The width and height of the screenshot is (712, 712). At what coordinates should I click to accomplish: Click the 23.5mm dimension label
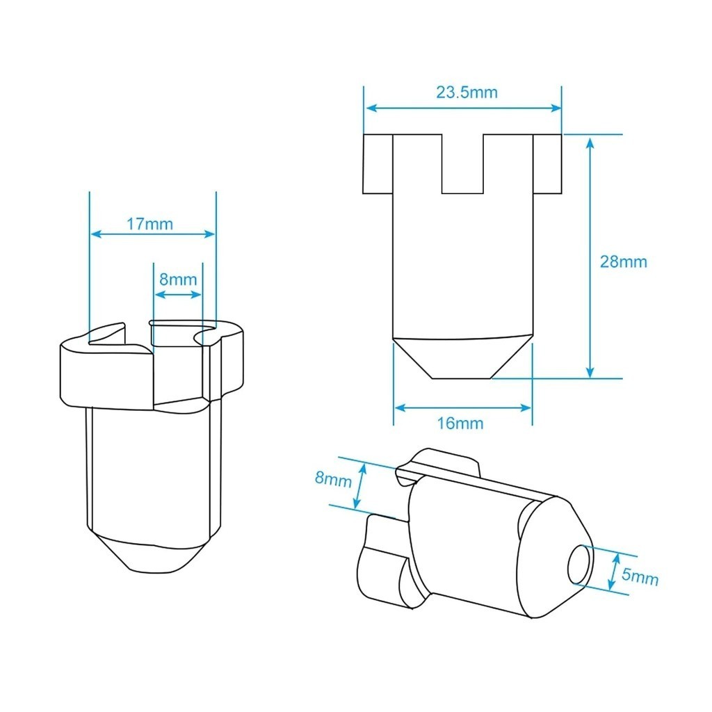click(467, 92)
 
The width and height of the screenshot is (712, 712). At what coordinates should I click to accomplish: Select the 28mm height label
click(624, 261)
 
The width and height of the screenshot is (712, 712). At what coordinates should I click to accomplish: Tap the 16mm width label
click(460, 423)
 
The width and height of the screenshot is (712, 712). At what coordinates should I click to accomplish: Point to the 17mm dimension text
click(149, 224)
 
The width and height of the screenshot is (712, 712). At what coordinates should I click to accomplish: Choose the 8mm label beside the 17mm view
click(178, 279)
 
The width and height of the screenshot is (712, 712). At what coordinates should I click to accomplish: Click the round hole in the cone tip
click(580, 565)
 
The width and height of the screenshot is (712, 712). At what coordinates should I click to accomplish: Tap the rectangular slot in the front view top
click(462, 164)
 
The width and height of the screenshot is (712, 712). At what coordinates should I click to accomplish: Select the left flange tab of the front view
click(378, 164)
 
